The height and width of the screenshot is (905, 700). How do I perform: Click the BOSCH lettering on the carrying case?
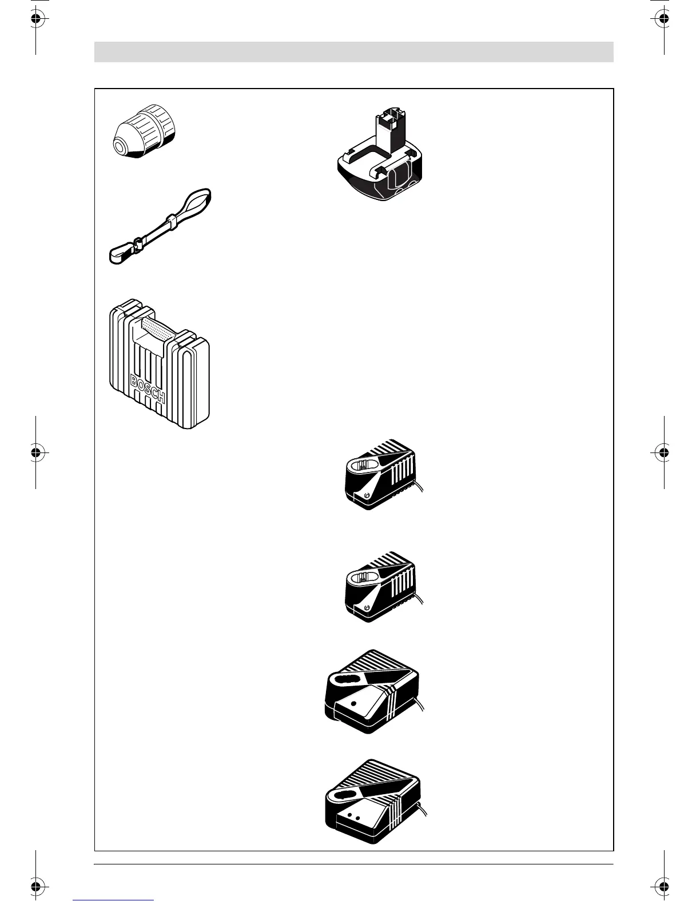click(148, 389)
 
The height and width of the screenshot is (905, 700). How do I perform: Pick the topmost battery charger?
click(383, 474)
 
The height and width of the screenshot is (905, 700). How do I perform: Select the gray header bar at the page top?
click(353, 51)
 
